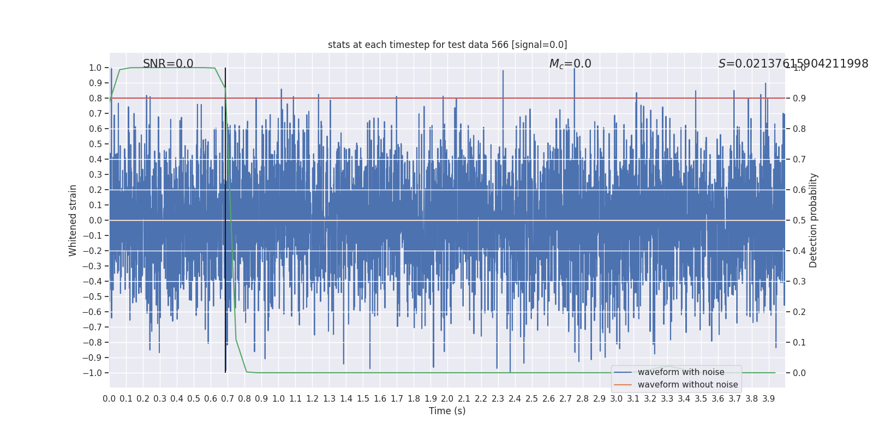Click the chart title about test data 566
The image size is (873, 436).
(x=447, y=45)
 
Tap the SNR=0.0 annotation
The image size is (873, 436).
(x=168, y=64)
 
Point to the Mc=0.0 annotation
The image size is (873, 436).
(x=570, y=64)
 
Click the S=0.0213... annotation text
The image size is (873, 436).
(x=793, y=64)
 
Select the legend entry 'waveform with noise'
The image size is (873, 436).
(x=681, y=372)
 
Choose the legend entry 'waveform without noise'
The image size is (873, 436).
(x=687, y=385)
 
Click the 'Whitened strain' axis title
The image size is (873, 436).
(x=73, y=220)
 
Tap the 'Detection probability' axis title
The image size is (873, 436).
(x=814, y=220)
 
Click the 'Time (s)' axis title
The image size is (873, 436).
(x=447, y=411)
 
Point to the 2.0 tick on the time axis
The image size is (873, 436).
(x=447, y=399)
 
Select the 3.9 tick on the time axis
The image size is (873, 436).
(x=769, y=399)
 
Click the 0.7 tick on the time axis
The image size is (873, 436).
(x=228, y=399)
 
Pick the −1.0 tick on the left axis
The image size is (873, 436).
(x=92, y=373)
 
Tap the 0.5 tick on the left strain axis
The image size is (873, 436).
(x=95, y=144)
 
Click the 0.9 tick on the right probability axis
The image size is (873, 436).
(x=799, y=98)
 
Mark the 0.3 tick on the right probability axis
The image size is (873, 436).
(x=799, y=281)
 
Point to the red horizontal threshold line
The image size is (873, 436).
(x=546, y=98)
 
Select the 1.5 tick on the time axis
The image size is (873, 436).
(x=363, y=399)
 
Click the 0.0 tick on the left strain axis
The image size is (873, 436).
(x=95, y=220)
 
